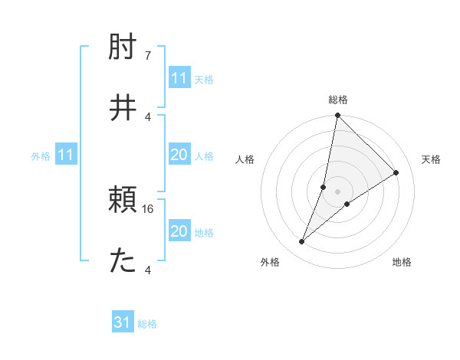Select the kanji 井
(123, 108)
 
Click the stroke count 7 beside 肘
(148, 57)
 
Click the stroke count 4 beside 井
(148, 116)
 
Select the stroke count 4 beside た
(148, 270)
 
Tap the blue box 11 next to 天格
(179, 78)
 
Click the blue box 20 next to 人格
(179, 155)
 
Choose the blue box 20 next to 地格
(179, 231)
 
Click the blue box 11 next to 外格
(65, 155)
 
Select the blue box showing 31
(123, 322)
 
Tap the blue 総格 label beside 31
(147, 324)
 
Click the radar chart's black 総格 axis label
(337, 100)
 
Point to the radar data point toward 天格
(396, 173)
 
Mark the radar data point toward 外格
(302, 242)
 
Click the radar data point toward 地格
(347, 204)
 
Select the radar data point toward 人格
(324, 187)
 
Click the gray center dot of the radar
(337, 191)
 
